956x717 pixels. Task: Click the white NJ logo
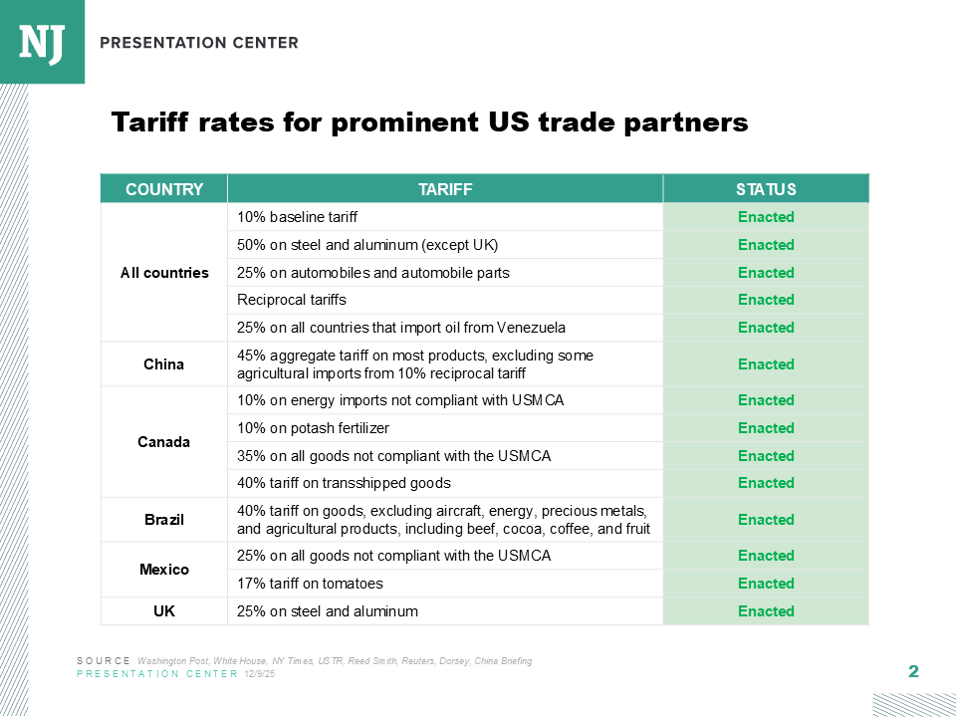pyautogui.click(x=42, y=42)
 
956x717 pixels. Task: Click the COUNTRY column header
pyautogui.click(x=164, y=189)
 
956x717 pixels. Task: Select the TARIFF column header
pyautogui.click(x=445, y=189)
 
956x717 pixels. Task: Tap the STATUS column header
pyautogui.click(x=766, y=189)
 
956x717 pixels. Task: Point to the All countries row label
pyautogui.click(x=164, y=273)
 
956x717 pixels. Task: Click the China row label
pyautogui.click(x=164, y=364)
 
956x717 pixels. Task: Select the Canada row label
pyautogui.click(x=164, y=442)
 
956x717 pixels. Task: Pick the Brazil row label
pyautogui.click(x=164, y=520)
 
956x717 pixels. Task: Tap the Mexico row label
pyautogui.click(x=164, y=570)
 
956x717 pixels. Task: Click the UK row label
pyautogui.click(x=164, y=611)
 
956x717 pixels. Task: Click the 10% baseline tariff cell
pyautogui.click(x=297, y=217)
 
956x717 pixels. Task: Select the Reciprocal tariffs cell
pyautogui.click(x=292, y=300)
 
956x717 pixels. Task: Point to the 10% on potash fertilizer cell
pyautogui.click(x=313, y=428)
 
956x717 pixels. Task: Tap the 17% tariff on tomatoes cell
pyautogui.click(x=310, y=584)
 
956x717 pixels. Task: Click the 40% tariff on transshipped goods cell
pyautogui.click(x=344, y=483)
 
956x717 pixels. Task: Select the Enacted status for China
pyautogui.click(x=766, y=364)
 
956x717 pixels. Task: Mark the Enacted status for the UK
pyautogui.click(x=766, y=611)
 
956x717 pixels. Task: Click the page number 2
pyautogui.click(x=913, y=672)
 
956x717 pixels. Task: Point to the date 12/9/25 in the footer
pyautogui.click(x=259, y=674)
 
